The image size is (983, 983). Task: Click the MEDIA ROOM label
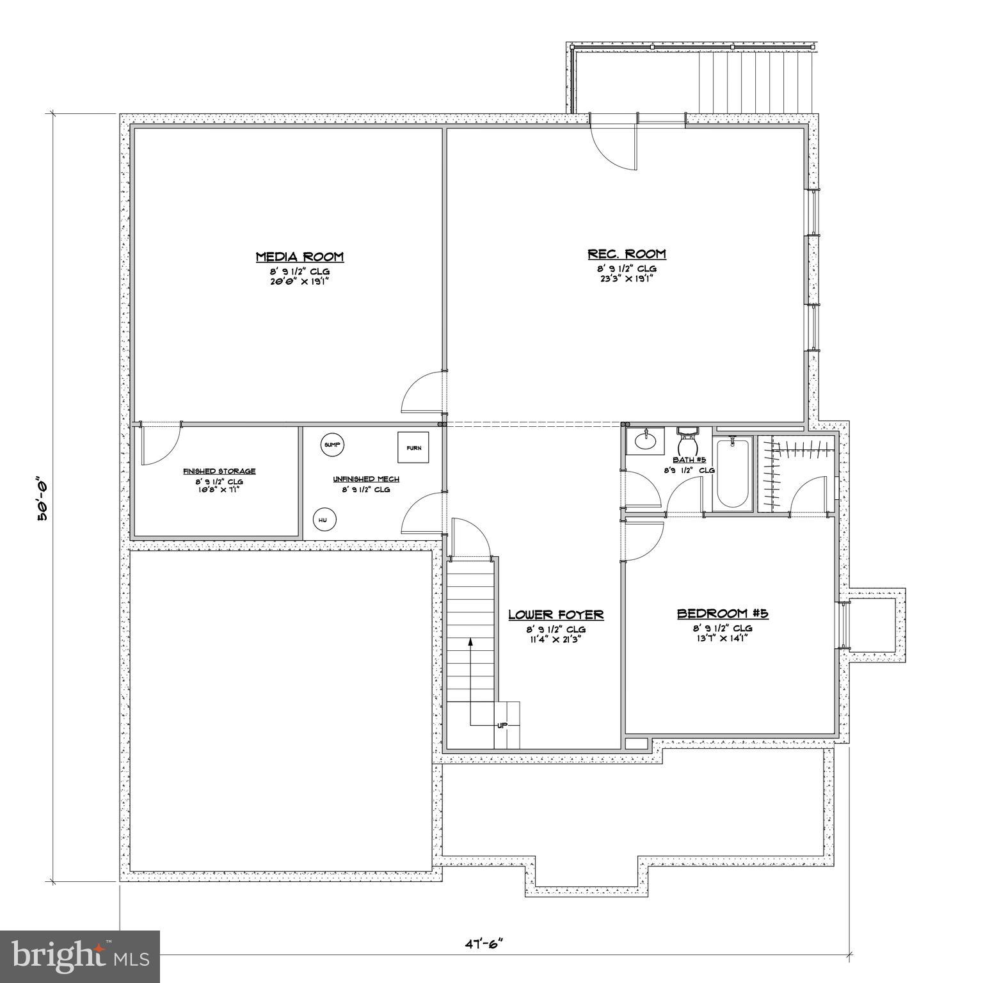coord(300,257)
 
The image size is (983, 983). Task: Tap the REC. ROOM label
coord(627,254)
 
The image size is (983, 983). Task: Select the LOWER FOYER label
coord(555,615)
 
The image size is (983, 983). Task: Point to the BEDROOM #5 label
coord(723,614)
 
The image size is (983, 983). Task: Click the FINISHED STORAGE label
coord(220,471)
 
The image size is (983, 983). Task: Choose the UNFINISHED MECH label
coord(365,479)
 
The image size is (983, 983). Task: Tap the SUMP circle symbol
coord(332,445)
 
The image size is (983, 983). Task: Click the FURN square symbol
coord(413,447)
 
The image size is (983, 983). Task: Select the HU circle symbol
coord(324,520)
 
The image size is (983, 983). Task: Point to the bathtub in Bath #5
coord(733,474)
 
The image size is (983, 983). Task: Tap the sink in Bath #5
coord(644,440)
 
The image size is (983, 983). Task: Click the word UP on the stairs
coord(502,725)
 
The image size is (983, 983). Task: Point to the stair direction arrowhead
coord(471,642)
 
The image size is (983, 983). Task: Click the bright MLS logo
coord(79,957)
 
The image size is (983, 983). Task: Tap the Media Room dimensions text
coord(300,280)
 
